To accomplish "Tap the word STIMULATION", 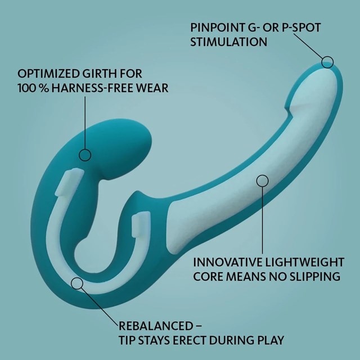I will coord(224,42).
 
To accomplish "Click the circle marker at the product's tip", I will coord(327,61).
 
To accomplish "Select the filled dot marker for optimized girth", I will coord(85,154).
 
